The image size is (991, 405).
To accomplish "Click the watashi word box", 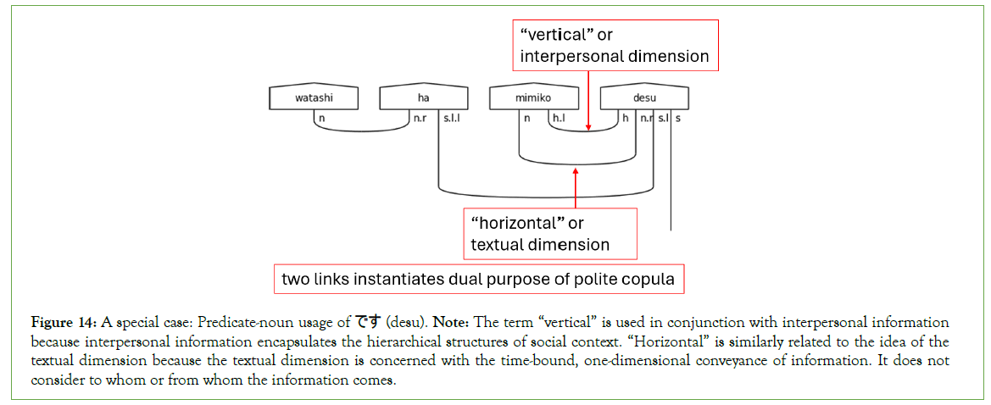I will coord(314,98).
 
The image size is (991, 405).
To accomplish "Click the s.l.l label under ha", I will coord(451,119).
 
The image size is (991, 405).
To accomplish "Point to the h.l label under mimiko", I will coord(559,119).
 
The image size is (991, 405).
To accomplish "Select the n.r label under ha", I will coord(420,119).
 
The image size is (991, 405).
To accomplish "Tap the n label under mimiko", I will coord(526,119).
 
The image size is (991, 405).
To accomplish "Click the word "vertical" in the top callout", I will coord(552,36).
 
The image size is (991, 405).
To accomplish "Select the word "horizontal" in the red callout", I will coord(519,224).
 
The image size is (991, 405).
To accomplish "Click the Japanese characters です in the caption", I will coord(367,322).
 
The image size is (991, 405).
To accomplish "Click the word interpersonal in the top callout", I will coord(571,57).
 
